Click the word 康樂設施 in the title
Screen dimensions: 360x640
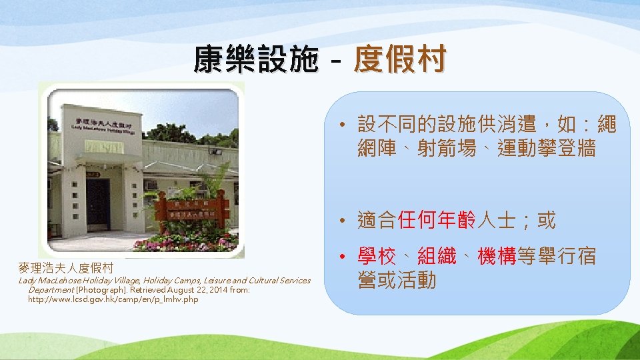255,60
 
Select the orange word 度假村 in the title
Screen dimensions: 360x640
399,60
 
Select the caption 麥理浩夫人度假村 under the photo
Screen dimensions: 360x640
65,268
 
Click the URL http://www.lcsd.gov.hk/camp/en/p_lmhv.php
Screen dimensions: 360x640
113,299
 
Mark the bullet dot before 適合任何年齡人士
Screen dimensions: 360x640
341,220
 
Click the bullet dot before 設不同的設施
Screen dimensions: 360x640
341,125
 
